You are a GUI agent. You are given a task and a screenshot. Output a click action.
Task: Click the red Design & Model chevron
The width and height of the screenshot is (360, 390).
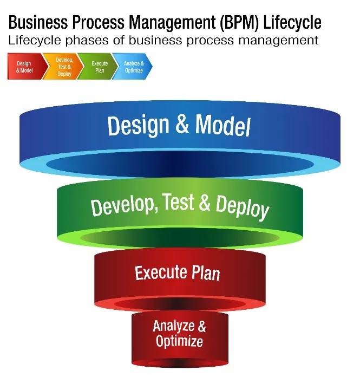26,67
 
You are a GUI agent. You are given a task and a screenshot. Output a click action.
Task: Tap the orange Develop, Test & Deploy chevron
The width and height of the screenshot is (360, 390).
63,67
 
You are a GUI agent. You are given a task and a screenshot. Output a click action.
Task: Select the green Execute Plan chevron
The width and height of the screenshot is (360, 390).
98,67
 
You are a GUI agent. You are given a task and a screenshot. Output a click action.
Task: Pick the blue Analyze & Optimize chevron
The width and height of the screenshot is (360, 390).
133,67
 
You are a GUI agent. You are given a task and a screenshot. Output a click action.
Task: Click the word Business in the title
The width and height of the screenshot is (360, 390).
38,22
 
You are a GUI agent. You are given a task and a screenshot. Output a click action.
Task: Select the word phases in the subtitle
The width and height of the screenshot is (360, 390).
87,41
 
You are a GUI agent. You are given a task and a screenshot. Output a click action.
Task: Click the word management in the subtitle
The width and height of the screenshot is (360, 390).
278,41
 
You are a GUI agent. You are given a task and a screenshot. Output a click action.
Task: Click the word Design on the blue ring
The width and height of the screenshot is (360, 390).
138,126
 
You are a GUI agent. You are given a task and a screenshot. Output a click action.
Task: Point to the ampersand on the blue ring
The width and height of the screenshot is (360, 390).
182,124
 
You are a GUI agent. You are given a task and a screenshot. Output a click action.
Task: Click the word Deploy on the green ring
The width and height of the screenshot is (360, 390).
242,207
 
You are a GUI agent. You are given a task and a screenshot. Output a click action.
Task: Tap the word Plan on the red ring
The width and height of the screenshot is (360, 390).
206,273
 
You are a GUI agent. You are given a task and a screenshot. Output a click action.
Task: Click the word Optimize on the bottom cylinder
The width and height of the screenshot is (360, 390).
179,341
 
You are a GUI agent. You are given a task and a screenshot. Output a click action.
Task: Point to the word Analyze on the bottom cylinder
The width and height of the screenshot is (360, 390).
174,326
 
